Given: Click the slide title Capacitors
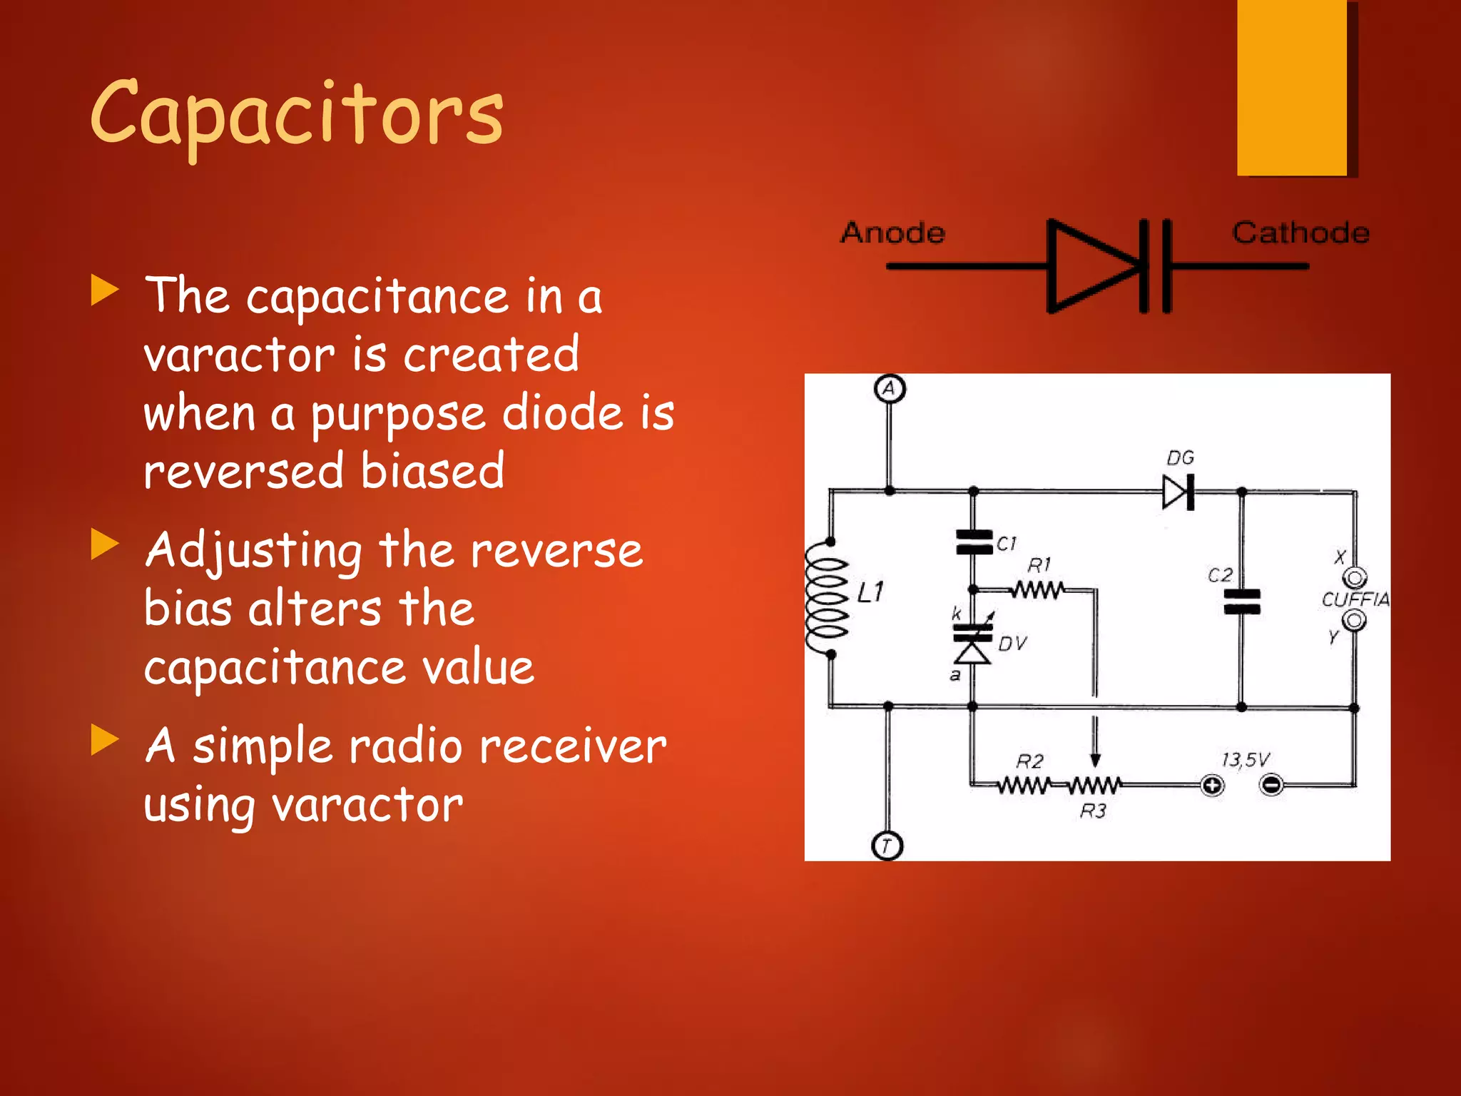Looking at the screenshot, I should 296,114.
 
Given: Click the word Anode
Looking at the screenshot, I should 892,233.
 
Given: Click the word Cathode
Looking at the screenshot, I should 1300,233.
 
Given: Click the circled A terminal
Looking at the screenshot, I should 890,389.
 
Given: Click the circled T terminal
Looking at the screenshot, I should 887,846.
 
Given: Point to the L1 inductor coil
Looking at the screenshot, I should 828,597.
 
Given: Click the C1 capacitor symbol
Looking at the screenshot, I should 974,542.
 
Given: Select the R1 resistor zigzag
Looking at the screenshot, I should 1038,590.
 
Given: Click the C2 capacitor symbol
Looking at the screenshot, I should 1242,602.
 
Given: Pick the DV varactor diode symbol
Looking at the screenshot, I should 972,642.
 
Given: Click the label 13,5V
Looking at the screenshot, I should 1245,759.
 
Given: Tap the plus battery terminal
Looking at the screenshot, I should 1212,786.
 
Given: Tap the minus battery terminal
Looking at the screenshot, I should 1272,786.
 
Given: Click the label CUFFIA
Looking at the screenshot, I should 1355,599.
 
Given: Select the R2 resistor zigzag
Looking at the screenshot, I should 1023,786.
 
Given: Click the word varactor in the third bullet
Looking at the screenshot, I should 368,805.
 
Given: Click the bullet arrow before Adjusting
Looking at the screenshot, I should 105,545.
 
